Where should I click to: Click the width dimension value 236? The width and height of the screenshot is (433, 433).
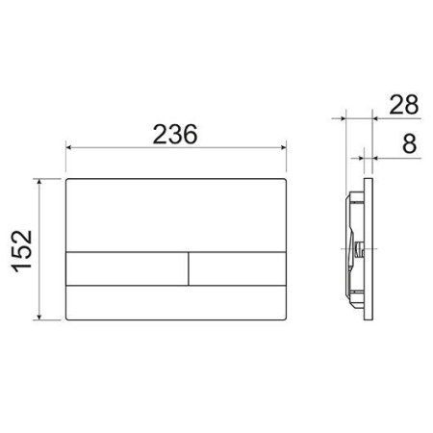(175, 135)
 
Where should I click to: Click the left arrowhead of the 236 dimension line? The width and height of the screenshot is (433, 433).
(69, 149)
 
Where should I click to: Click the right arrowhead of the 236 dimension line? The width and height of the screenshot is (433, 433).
(285, 149)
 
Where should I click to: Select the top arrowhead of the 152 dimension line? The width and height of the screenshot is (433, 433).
(39, 180)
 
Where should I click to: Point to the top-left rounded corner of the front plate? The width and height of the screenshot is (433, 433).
(68, 180)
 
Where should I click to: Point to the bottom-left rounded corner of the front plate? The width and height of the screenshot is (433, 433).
(68, 318)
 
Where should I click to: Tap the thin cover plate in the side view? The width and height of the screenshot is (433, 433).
(367, 248)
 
